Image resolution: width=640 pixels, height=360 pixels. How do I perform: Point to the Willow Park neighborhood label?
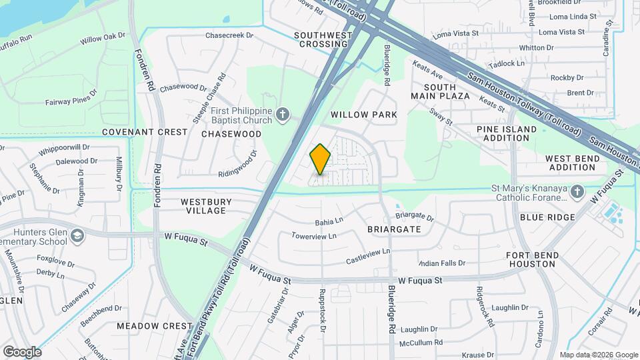click(364, 115)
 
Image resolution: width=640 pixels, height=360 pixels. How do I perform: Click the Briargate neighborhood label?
click(393, 229)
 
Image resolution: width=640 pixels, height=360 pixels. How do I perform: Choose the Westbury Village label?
click(206, 206)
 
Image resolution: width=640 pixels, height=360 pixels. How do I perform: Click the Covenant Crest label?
click(145, 132)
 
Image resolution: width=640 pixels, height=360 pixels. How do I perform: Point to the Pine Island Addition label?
click(507, 133)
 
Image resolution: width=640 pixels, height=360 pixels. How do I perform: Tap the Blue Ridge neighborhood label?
click(547, 217)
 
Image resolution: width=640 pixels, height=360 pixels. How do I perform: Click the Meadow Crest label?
click(154, 326)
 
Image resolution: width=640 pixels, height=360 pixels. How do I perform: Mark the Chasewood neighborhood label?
click(231, 134)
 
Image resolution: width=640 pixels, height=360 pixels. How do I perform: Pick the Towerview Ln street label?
click(314, 236)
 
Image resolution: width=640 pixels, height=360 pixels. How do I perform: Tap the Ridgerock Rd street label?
click(485, 307)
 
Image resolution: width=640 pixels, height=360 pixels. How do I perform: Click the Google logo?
click(22, 352)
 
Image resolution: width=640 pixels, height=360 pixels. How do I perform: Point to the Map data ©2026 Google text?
click(598, 355)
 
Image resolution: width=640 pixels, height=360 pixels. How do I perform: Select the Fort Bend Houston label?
click(531, 259)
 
